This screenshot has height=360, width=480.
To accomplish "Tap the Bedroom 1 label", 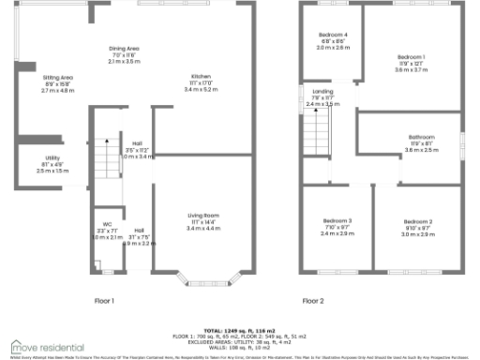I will [x=411, y=57].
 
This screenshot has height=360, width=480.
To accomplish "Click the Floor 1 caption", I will [x=103, y=301].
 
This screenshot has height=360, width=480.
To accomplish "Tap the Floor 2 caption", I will [x=312, y=301].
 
